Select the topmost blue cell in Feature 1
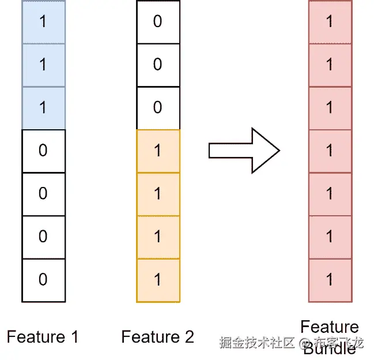coord(43,22)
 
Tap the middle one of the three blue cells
coord(43,65)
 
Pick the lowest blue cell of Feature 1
coord(43,108)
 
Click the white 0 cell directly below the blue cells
coord(43,151)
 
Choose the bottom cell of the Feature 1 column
coord(43,280)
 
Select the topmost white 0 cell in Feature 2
coord(158,22)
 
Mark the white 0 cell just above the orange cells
coord(158,108)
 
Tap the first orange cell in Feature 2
coord(158,151)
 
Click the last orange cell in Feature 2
coord(158,280)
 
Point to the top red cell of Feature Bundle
coord(330,22)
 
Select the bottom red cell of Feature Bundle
coord(330,280)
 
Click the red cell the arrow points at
coord(330,151)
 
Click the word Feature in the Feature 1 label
coord(35,337)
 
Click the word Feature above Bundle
coord(330,328)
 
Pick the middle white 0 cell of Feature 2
coord(158,65)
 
